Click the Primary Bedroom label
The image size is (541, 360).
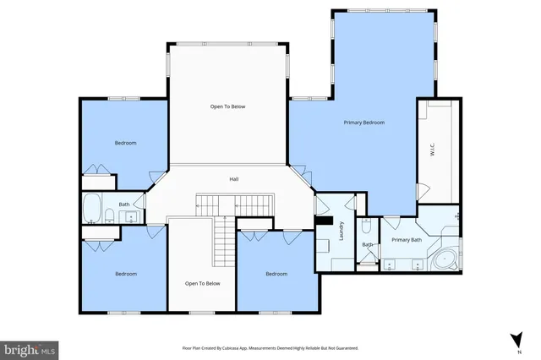pyautogui.click(x=363, y=123)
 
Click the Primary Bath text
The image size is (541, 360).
pyautogui.click(x=407, y=240)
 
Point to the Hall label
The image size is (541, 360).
pyautogui.click(x=234, y=179)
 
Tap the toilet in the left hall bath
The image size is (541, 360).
pyautogui.click(x=111, y=217)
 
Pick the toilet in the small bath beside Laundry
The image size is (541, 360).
pyautogui.click(x=366, y=226)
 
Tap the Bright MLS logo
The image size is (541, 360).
pyautogui.click(x=30, y=348)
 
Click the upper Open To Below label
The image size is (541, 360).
pyautogui.click(x=227, y=106)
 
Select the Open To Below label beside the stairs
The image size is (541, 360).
pyautogui.click(x=202, y=283)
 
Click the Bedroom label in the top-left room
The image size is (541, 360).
pyautogui.click(x=126, y=143)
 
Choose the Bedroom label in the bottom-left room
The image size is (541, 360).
pyautogui.click(x=126, y=274)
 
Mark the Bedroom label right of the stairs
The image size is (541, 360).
pyautogui.click(x=276, y=274)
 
